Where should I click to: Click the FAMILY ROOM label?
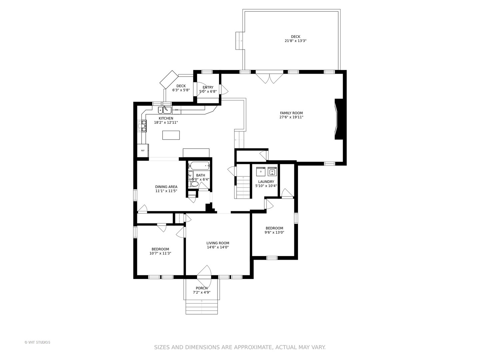coord(291,113)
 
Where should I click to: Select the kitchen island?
coord(171,135)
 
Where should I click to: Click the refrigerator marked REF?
coord(143,150)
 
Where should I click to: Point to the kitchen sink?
coord(164,110)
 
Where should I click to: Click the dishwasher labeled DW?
coord(176,110)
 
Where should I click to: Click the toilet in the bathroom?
coord(194,184)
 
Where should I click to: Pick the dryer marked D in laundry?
coord(261,172)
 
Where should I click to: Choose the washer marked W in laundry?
coord(272,172)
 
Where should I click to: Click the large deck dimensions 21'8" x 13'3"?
coord(295,41)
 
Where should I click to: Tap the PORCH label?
coord(201,288)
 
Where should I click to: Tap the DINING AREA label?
coord(166,187)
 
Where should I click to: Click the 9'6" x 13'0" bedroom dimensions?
coord(274,233)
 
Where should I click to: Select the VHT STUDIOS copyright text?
coord(37,342)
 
